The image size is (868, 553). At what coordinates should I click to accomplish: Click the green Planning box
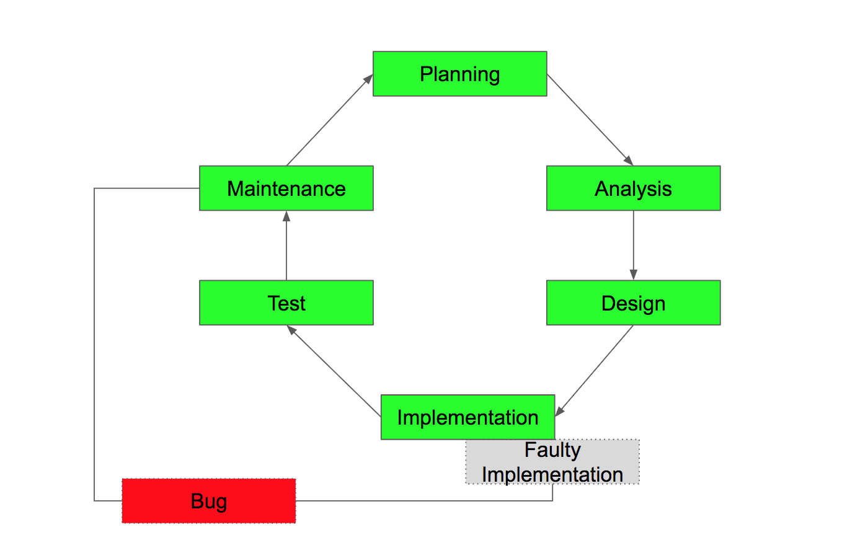coord(459,74)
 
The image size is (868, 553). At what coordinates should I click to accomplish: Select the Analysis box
coord(633,188)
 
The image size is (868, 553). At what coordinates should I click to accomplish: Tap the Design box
coord(633,303)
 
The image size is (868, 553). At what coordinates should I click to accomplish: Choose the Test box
coord(286,303)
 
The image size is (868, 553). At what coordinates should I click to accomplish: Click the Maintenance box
coord(286,188)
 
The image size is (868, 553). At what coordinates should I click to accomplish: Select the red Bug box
coord(208,501)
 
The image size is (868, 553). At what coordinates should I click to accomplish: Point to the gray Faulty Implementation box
coord(552,462)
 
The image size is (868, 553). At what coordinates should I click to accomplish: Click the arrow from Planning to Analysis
coord(589,119)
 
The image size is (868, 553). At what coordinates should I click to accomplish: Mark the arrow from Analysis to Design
coord(633,245)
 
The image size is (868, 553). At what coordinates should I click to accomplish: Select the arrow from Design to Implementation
coord(595,369)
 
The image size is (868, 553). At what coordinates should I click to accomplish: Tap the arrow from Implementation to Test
coord(335,371)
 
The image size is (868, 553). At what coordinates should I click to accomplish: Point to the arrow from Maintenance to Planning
coord(329,121)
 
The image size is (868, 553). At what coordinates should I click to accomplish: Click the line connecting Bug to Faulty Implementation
coord(422,500)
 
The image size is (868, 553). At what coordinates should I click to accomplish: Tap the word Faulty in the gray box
coord(552,450)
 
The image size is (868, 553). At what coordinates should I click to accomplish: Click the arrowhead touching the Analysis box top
coord(629,161)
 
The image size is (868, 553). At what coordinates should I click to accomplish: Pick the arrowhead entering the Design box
coord(633,275)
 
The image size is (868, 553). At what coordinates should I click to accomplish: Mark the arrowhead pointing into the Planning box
coord(368,79)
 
